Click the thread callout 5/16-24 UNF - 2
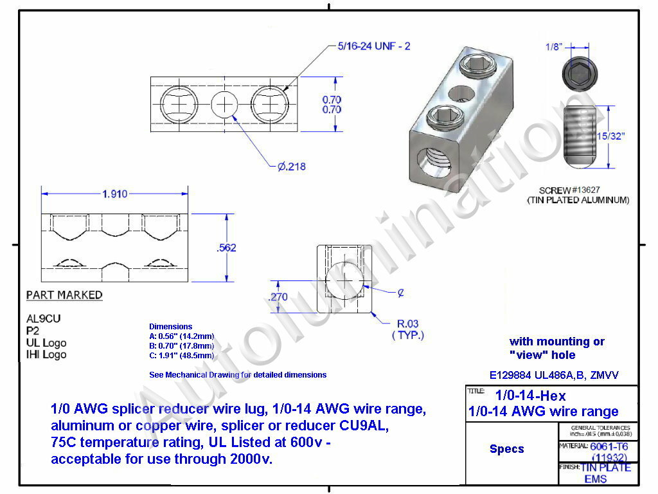373,46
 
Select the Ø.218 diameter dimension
291,167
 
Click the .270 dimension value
277,297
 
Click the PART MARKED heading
64,295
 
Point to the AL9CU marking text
44,319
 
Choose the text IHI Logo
46,354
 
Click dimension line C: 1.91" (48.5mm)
182,356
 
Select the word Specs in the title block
507,449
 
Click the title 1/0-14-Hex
530,396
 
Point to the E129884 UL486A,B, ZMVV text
554,376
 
